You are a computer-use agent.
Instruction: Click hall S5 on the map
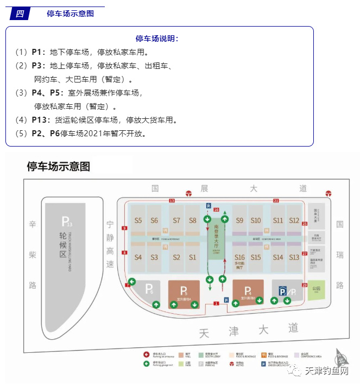[x=138, y=220]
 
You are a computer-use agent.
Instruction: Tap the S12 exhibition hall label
[x=294, y=220]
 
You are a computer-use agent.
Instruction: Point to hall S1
[x=192, y=257]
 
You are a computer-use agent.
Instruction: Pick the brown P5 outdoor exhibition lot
[x=184, y=293]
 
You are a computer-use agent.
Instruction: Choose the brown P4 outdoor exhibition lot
[x=248, y=293]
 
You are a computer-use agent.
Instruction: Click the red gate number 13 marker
[x=172, y=201]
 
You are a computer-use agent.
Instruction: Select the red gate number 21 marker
[x=276, y=201]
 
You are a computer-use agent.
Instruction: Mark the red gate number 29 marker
[x=305, y=285]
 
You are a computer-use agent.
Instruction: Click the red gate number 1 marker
[x=216, y=304]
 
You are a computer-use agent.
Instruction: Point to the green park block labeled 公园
[x=316, y=289]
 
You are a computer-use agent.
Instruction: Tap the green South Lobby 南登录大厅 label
[x=216, y=239]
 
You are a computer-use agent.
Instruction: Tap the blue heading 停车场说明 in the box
[x=157, y=39]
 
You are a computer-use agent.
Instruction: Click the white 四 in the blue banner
[x=20, y=14]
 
